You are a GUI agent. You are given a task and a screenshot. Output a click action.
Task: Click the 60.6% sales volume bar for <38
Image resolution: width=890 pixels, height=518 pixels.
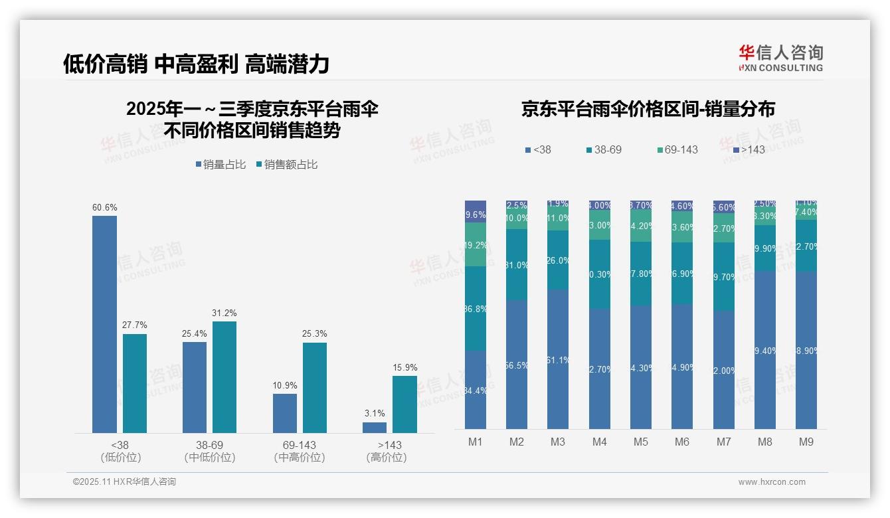(104, 324)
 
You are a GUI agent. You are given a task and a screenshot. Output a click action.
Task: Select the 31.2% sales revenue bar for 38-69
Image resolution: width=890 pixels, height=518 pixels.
(224, 377)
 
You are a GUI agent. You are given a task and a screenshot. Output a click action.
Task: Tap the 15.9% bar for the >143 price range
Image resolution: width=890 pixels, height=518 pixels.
(404, 404)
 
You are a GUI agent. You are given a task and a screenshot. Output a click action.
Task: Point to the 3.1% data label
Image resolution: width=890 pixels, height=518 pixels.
(375, 413)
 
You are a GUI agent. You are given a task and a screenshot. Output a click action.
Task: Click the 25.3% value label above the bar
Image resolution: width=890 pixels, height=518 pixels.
(315, 333)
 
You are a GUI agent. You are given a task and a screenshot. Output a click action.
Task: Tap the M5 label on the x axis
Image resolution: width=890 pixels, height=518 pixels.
(641, 442)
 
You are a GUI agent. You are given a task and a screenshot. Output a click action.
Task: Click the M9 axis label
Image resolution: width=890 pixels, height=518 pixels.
(806, 442)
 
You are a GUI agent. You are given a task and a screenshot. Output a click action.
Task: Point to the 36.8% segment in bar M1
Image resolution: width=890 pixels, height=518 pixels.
(476, 309)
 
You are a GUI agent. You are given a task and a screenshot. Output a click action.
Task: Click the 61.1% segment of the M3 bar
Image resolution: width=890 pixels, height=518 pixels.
(558, 359)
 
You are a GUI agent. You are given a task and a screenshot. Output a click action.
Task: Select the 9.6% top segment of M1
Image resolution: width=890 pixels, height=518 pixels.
(476, 211)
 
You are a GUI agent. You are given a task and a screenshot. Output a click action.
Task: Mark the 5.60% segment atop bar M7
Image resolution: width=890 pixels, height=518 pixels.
(724, 207)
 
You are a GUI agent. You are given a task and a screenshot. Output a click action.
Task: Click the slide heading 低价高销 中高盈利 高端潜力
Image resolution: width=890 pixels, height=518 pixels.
(196, 64)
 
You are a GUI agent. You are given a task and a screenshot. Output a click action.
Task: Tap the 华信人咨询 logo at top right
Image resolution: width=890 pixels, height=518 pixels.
(780, 58)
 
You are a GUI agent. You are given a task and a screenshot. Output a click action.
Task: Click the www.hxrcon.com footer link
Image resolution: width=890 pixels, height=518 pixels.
(772, 482)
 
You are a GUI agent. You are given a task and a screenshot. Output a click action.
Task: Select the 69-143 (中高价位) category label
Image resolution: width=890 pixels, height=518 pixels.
(300, 451)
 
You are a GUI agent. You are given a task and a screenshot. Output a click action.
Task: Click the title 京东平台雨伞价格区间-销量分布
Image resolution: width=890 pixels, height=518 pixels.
(648, 109)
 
